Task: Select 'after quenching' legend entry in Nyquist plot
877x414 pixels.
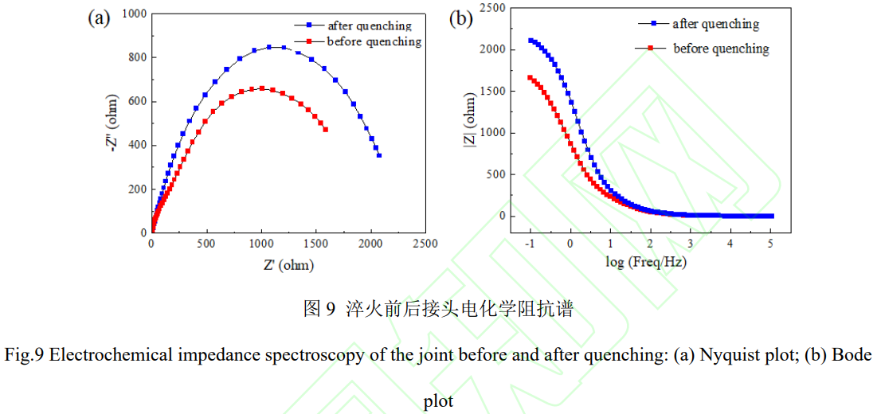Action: [370, 25]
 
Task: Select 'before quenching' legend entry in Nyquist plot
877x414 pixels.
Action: [373, 41]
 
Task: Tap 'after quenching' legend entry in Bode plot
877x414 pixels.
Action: [715, 24]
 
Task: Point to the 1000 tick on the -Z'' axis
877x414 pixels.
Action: [131, 14]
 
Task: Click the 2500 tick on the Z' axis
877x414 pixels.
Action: [426, 244]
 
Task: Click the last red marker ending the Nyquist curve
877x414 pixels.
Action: [326, 129]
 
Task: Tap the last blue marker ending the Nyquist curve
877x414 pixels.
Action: [379, 155]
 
